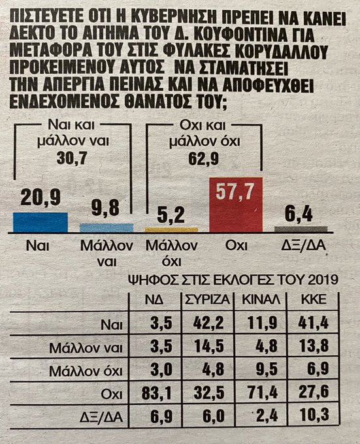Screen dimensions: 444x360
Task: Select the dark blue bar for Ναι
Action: (x=40, y=222)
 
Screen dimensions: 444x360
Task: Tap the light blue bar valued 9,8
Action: (x=106, y=227)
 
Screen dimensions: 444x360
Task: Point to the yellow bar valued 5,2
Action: (x=171, y=230)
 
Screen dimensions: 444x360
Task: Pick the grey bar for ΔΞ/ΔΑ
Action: (x=301, y=229)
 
